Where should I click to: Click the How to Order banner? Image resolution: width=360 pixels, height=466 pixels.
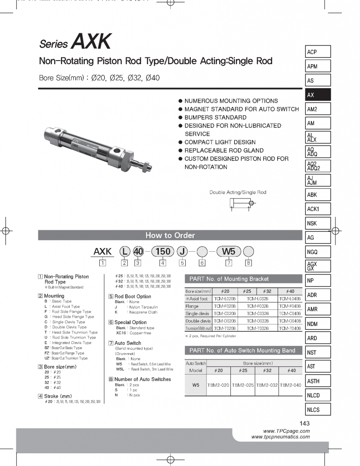(170, 235)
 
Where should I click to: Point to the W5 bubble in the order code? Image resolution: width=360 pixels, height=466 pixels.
(229, 251)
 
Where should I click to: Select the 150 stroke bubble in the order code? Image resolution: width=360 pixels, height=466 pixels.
(162, 251)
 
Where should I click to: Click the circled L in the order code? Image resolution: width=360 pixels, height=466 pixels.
(124, 251)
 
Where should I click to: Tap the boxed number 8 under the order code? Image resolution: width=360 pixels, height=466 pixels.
(248, 262)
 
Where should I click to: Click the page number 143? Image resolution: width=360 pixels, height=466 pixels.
(304, 423)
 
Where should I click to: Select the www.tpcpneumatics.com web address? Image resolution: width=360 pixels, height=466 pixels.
(280, 437)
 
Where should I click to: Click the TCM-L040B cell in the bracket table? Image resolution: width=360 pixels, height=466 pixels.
(290, 299)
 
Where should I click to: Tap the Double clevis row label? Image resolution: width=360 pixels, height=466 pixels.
(198, 321)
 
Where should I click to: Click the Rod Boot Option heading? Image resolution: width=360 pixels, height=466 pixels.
(132, 296)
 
